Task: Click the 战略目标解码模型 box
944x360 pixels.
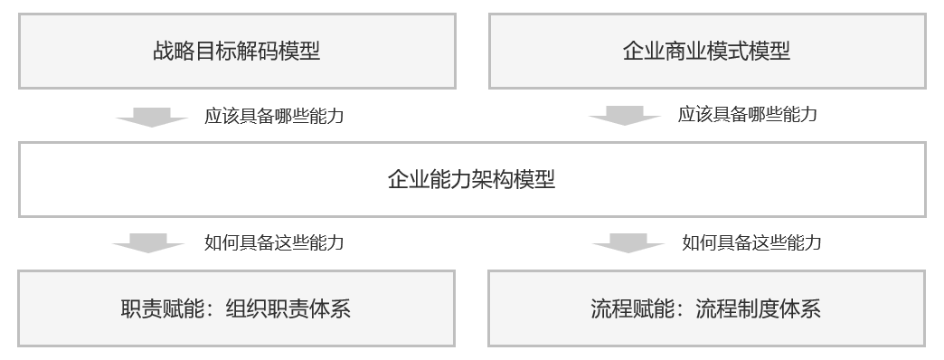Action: pyautogui.click(x=237, y=52)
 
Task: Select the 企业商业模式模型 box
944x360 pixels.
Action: pyautogui.click(x=707, y=52)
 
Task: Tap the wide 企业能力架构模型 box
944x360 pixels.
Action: pyautogui.click(x=472, y=179)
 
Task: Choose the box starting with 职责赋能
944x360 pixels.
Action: pyautogui.click(x=236, y=309)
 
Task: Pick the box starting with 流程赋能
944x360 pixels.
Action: pyautogui.click(x=706, y=309)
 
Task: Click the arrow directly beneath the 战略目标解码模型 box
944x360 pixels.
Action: pyautogui.click(x=150, y=116)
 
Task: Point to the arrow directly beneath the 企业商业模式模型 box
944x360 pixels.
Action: pyautogui.click(x=624, y=116)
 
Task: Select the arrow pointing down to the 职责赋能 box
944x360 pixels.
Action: pyautogui.click(x=150, y=242)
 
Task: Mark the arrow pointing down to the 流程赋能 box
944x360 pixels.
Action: pyautogui.click(x=628, y=242)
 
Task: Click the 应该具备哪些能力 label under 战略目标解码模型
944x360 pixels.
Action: pyautogui.click(x=274, y=116)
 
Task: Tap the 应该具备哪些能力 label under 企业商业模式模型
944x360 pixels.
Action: pyautogui.click(x=748, y=114)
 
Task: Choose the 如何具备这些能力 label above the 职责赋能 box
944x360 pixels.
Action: pyautogui.click(x=274, y=242)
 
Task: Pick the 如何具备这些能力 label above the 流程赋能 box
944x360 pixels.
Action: pyautogui.click(x=751, y=242)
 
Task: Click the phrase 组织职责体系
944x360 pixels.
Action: pyautogui.click(x=286, y=309)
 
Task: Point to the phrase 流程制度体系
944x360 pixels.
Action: pyautogui.click(x=758, y=309)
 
